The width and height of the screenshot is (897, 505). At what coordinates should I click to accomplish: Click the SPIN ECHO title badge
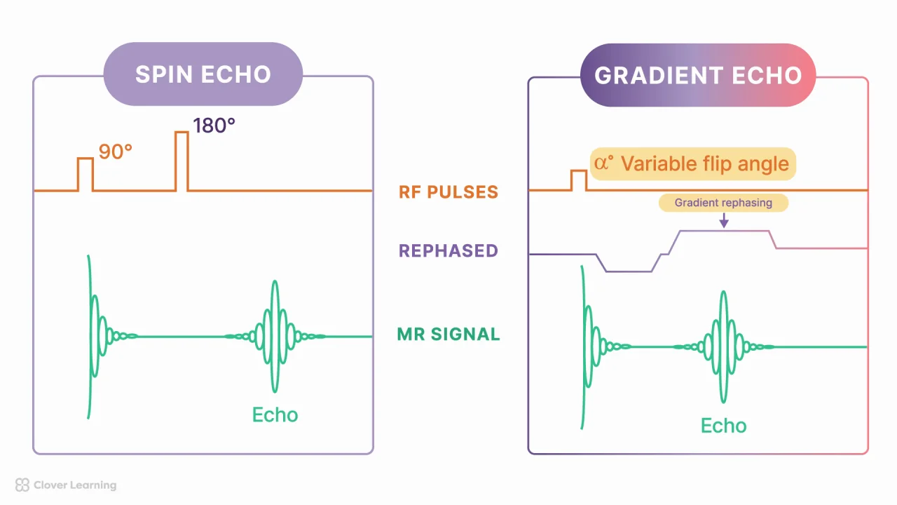203,74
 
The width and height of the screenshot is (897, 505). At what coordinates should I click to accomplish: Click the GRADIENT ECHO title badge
698,75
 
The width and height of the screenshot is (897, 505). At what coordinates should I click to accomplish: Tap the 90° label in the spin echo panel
116,151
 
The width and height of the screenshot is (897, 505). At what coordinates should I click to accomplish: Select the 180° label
214,126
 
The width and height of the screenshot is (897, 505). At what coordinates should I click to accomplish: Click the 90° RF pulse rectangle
85,174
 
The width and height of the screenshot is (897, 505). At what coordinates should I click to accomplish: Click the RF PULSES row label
448,191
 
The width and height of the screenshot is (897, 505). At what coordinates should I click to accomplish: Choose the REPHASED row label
448,250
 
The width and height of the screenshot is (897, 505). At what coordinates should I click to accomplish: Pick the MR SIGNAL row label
448,334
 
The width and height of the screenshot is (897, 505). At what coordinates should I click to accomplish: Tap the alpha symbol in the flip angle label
602,163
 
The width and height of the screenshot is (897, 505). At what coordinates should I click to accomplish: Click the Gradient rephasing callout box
723,203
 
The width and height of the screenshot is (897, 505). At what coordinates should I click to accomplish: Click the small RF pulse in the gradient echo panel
579,180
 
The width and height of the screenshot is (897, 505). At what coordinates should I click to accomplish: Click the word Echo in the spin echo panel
275,415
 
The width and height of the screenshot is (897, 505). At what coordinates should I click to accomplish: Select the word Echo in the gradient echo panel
723,426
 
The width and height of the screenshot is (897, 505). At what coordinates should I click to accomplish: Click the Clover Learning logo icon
22,485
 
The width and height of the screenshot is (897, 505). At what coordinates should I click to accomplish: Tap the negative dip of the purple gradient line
629,271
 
